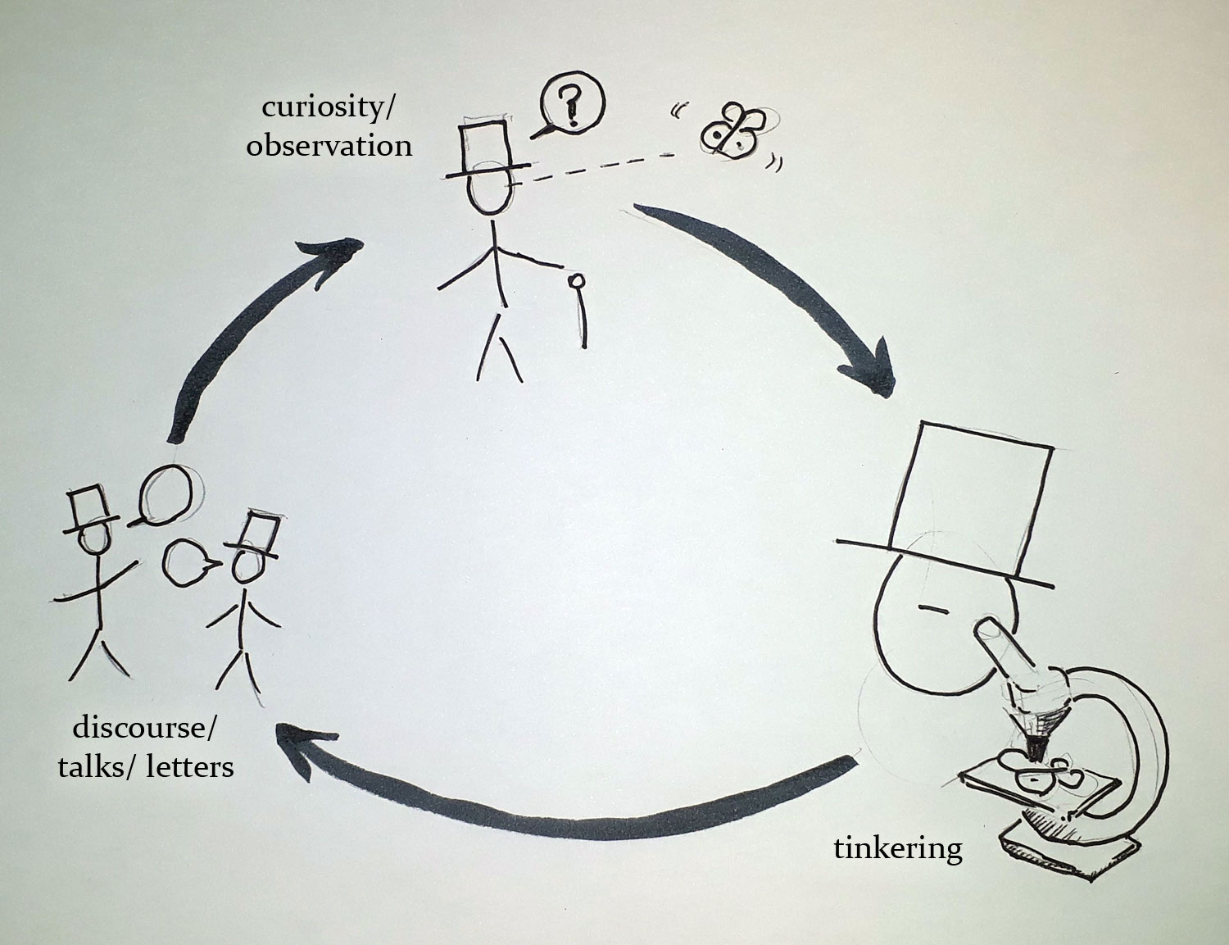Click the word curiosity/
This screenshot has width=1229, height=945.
[x=327, y=107]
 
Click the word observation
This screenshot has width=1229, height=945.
[x=329, y=145]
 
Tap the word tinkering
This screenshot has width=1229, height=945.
[x=898, y=850]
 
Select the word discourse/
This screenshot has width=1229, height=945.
[x=143, y=729]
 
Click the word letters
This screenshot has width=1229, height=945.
[x=190, y=767]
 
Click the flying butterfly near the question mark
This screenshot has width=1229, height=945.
[x=732, y=130]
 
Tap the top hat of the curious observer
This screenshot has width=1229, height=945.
[x=488, y=150]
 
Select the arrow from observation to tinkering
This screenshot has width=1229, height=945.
[x=791, y=283]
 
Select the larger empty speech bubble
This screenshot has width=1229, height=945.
[x=164, y=495]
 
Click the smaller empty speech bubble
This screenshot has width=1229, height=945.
[x=187, y=563]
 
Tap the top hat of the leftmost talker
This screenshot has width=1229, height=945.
[x=89, y=510]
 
